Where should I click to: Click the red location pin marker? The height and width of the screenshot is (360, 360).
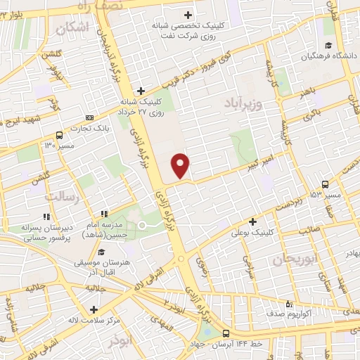pos(181,165)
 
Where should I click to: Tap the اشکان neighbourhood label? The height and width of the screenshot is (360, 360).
pos(72,29)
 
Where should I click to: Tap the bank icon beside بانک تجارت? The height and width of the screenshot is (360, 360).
pos(89,117)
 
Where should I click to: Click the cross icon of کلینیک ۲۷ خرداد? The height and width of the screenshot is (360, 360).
pos(141,91)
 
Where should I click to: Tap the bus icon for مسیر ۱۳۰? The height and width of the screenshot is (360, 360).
pos(59,136)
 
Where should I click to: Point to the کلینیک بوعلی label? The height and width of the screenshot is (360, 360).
pos(251,231)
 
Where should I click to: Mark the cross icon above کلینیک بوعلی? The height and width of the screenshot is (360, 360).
pos(252,221)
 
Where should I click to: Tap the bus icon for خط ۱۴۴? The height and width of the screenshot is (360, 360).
pos(226,333)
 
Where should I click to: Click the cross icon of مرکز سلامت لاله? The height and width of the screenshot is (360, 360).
pos(94,309)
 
